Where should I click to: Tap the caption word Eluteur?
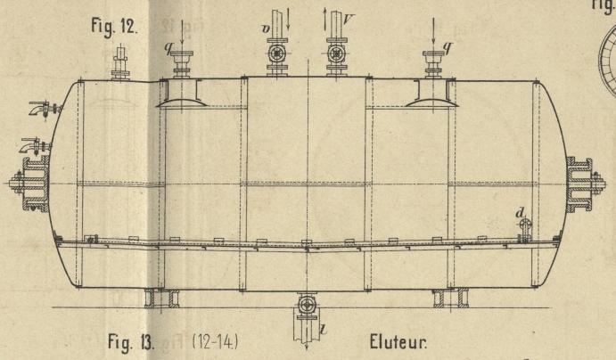coord(398,340)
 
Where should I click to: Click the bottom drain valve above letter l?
coord(307,305)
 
